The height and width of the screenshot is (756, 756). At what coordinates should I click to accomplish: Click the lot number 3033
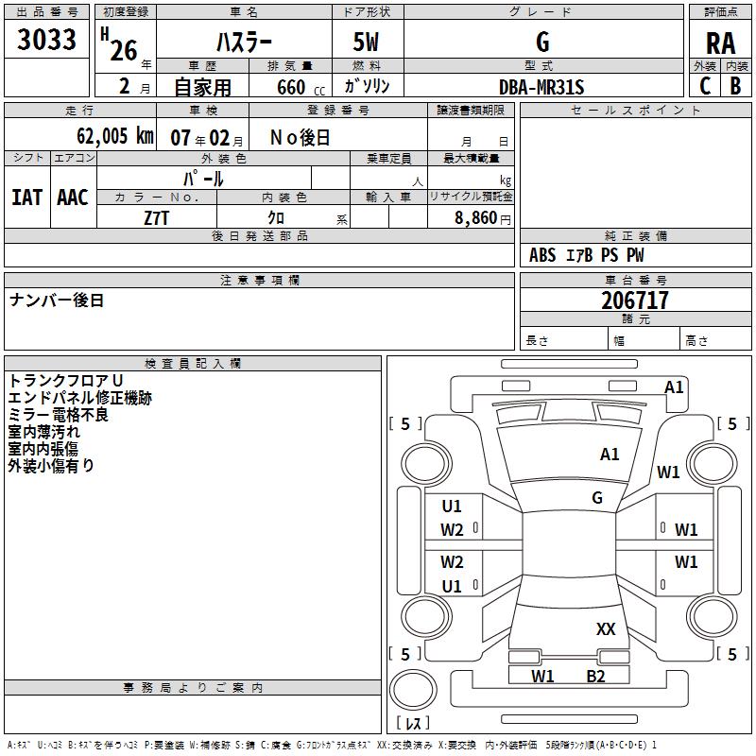pyautogui.click(x=46, y=39)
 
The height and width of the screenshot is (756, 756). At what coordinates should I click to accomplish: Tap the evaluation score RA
pyautogui.click(x=721, y=43)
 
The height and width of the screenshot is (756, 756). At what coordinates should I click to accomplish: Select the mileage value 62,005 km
pyautogui.click(x=115, y=135)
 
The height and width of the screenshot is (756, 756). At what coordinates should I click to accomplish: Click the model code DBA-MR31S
pyautogui.click(x=541, y=87)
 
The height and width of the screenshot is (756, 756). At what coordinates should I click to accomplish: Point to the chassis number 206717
pyautogui.click(x=635, y=301)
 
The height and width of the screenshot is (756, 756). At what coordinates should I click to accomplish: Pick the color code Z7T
pyautogui.click(x=156, y=218)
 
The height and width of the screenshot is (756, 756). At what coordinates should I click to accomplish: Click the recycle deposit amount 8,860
pyautogui.click(x=476, y=217)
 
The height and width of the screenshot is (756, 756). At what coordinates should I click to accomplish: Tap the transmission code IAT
pyautogui.click(x=27, y=198)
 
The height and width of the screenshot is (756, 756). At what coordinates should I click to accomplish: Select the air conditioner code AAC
pyautogui.click(x=73, y=198)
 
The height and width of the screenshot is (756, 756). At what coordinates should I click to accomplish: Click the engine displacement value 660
pyautogui.click(x=291, y=87)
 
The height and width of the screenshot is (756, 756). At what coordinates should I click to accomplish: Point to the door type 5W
pyautogui.click(x=366, y=42)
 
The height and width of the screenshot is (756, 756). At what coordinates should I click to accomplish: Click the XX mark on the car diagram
pyautogui.click(x=606, y=628)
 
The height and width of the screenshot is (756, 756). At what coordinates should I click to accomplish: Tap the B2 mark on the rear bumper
pyautogui.click(x=595, y=677)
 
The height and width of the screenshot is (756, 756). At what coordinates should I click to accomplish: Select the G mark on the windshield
pyautogui.click(x=597, y=498)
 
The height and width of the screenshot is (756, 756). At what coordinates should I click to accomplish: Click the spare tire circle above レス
pyautogui.click(x=413, y=690)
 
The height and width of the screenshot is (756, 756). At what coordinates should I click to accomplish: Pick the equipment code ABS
pyautogui.click(x=542, y=255)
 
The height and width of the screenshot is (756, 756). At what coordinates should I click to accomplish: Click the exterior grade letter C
pyautogui.click(x=705, y=86)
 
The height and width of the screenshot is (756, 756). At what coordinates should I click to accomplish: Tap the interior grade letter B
pyautogui.click(x=735, y=86)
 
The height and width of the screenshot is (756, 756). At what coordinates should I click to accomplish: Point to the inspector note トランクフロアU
pyautogui.click(x=65, y=381)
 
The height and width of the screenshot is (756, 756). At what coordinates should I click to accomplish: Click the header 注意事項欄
pyautogui.click(x=260, y=280)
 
